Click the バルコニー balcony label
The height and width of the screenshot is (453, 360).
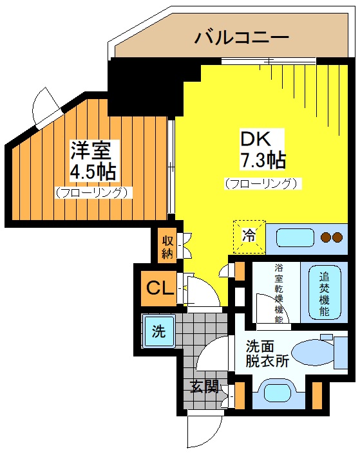242,37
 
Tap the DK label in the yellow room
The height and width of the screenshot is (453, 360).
256,139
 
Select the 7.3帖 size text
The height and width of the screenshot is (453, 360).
263,160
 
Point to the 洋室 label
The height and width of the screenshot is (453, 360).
91,151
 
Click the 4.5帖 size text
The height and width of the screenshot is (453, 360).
93,172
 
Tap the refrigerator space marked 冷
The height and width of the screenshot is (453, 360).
249,237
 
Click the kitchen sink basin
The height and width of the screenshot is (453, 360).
295,237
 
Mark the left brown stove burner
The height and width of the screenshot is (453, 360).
326,237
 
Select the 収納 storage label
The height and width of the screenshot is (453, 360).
167,246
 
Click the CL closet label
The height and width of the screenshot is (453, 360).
160,288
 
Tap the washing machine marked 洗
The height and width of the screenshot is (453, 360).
159,331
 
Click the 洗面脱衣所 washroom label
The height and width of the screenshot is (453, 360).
267,354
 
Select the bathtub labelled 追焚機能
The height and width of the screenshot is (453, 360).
325,292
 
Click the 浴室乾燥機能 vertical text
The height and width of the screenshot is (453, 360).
279,293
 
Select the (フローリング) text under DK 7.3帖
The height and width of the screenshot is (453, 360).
263,184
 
